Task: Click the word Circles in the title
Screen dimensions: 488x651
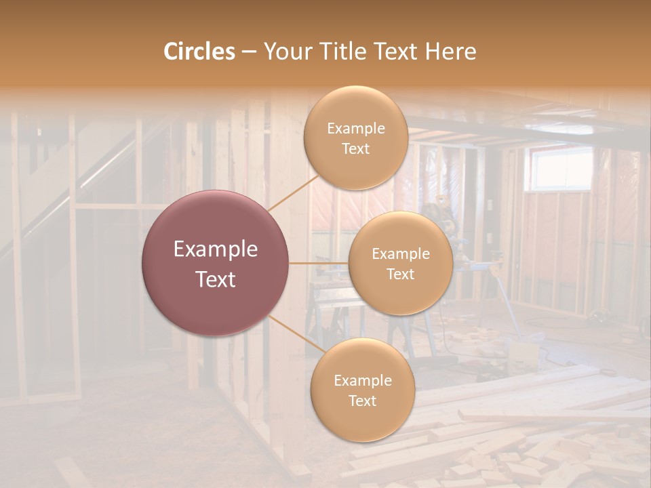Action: (x=199, y=52)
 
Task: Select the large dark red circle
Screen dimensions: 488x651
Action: (x=216, y=263)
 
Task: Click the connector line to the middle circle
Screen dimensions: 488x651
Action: (x=319, y=263)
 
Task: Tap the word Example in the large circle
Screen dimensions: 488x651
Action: (x=216, y=249)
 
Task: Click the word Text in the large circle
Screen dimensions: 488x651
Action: (x=216, y=279)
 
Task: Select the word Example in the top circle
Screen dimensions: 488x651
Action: (x=355, y=128)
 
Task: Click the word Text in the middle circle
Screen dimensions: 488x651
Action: (x=400, y=274)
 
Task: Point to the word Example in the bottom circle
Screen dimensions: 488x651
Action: (x=362, y=380)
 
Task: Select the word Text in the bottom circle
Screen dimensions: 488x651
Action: (x=362, y=401)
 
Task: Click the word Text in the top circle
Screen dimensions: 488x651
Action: (x=355, y=148)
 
